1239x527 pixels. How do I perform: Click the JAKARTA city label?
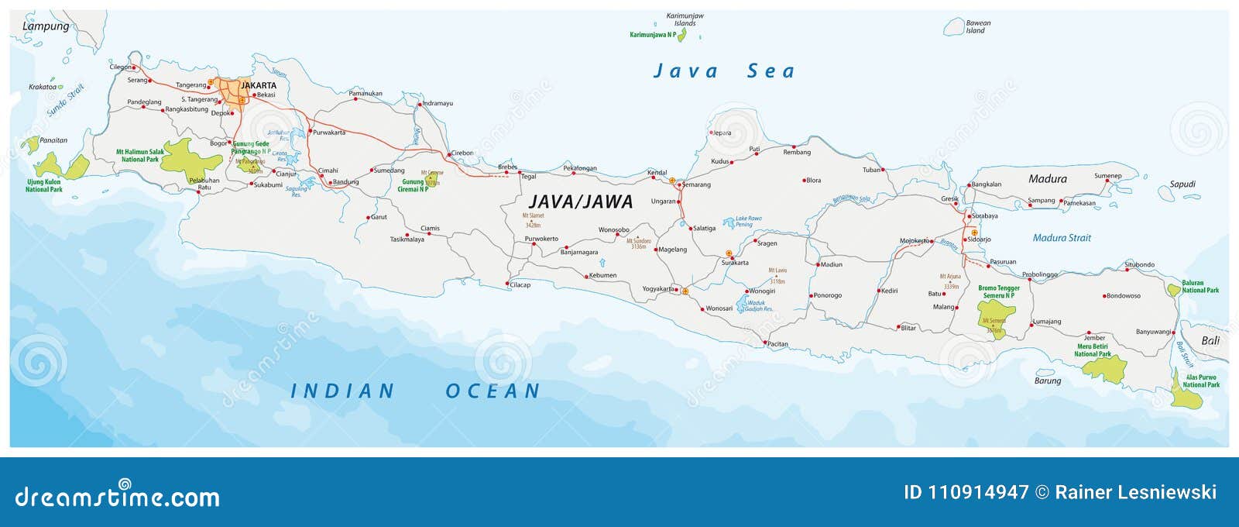[x=258, y=85]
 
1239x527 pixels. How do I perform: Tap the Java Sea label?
[x=724, y=71]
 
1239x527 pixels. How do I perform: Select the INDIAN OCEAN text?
[x=415, y=391]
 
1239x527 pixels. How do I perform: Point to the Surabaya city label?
[x=984, y=216]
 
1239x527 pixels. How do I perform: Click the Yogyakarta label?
[x=657, y=289]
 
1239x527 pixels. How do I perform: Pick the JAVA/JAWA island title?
[x=581, y=202]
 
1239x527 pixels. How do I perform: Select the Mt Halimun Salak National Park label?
[x=140, y=156]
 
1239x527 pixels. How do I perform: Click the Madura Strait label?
[x=1062, y=238]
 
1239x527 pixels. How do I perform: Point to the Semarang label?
[x=696, y=184]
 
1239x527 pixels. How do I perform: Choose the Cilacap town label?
[x=520, y=284]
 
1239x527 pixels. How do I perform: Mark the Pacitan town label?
[x=777, y=344]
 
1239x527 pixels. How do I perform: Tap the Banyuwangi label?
[x=1153, y=332]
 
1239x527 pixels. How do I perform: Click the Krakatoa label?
[x=43, y=87]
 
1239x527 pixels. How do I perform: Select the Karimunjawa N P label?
[x=652, y=35]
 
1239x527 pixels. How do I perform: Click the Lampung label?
[x=46, y=26]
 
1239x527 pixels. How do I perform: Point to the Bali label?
[x=1210, y=340]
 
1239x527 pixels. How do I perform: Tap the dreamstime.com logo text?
[x=118, y=496]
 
